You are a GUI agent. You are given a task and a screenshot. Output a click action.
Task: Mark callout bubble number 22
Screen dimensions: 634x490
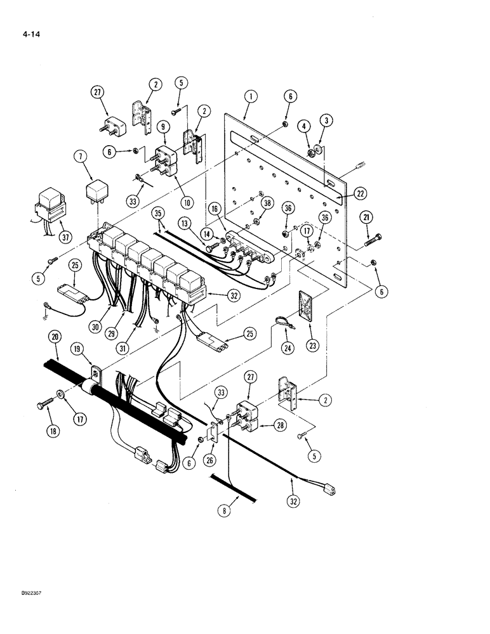pos(361,193)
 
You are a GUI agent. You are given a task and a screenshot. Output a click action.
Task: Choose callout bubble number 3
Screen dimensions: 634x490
pos(326,120)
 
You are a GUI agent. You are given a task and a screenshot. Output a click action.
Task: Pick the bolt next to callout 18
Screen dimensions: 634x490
pos(49,403)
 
